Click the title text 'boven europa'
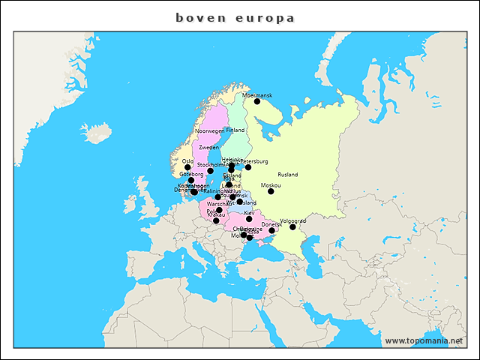pos(235,17)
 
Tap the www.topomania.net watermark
pos(424,340)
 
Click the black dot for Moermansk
pos(257,101)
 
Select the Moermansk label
pos(257,95)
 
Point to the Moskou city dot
pos(271,191)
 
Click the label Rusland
pos(287,175)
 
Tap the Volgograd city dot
pos(292,226)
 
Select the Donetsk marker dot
pos(271,230)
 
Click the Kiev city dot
pos(249,219)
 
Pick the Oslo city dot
pos(187,167)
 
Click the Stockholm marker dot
pos(210,171)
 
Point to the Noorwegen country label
pos(209,131)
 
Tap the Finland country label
pos(235,130)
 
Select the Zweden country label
pos(209,148)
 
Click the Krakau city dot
pos(216,220)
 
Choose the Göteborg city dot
pos(190,180)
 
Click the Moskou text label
pos(271,185)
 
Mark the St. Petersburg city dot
pos(248,167)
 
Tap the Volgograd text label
pos(292,220)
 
